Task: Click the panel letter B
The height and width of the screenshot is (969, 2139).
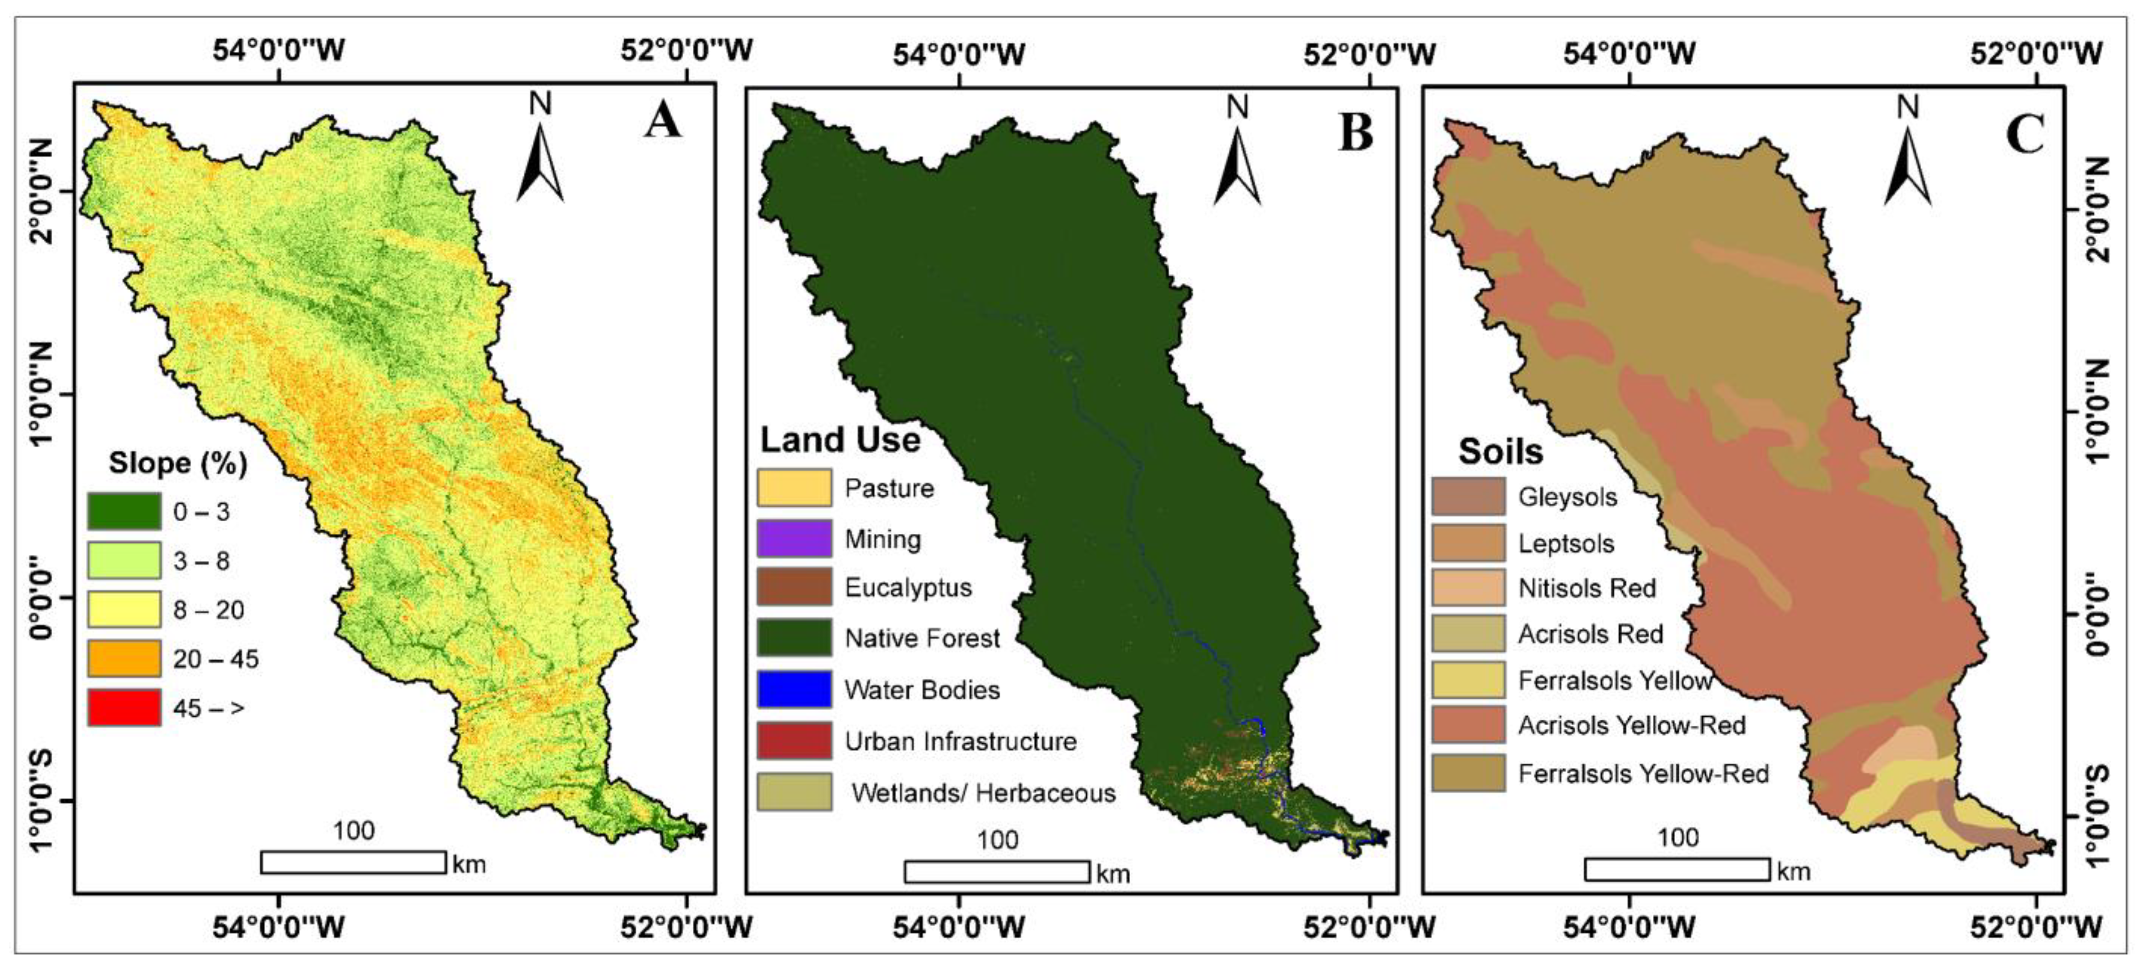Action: [1355, 133]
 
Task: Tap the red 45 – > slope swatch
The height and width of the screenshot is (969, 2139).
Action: [125, 708]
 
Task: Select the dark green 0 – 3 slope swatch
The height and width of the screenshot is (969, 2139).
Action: [125, 512]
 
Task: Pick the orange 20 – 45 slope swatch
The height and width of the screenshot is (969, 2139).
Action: [125, 658]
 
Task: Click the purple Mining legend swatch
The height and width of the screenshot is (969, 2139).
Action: [794, 539]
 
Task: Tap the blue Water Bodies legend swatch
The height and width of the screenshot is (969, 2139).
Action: [794, 689]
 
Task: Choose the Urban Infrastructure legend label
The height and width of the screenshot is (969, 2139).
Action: [961, 741]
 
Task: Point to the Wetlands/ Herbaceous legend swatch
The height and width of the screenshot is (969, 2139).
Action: [794, 792]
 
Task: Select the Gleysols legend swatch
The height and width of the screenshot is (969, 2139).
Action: [1468, 497]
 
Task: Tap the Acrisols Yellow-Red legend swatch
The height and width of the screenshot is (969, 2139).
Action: [1468, 725]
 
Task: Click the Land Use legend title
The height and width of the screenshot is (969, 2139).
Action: [841, 440]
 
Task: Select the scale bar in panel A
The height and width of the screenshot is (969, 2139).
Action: [353, 862]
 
